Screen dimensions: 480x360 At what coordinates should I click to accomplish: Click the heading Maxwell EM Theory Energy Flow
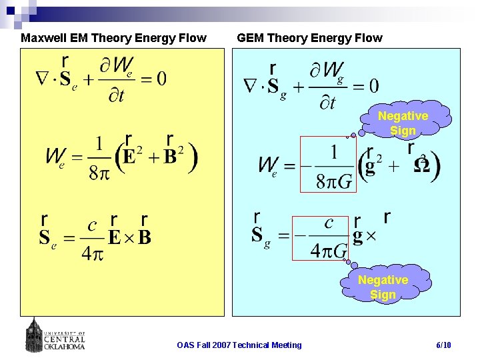tap(113, 38)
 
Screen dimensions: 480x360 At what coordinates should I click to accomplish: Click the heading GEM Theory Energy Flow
tap(309, 38)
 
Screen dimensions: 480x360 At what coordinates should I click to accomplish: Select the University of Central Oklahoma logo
tap(56, 334)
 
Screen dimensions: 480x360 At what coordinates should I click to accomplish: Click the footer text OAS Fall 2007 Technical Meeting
tap(239, 345)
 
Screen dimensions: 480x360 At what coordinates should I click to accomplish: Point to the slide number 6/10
tap(443, 345)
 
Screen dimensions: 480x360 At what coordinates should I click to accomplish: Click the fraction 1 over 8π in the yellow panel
tap(99, 158)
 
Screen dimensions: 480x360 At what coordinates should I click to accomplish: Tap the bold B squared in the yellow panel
tap(175, 157)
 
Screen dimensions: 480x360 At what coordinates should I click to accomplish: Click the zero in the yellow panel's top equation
tap(161, 79)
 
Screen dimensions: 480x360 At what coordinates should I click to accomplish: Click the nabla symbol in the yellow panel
tap(41, 79)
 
